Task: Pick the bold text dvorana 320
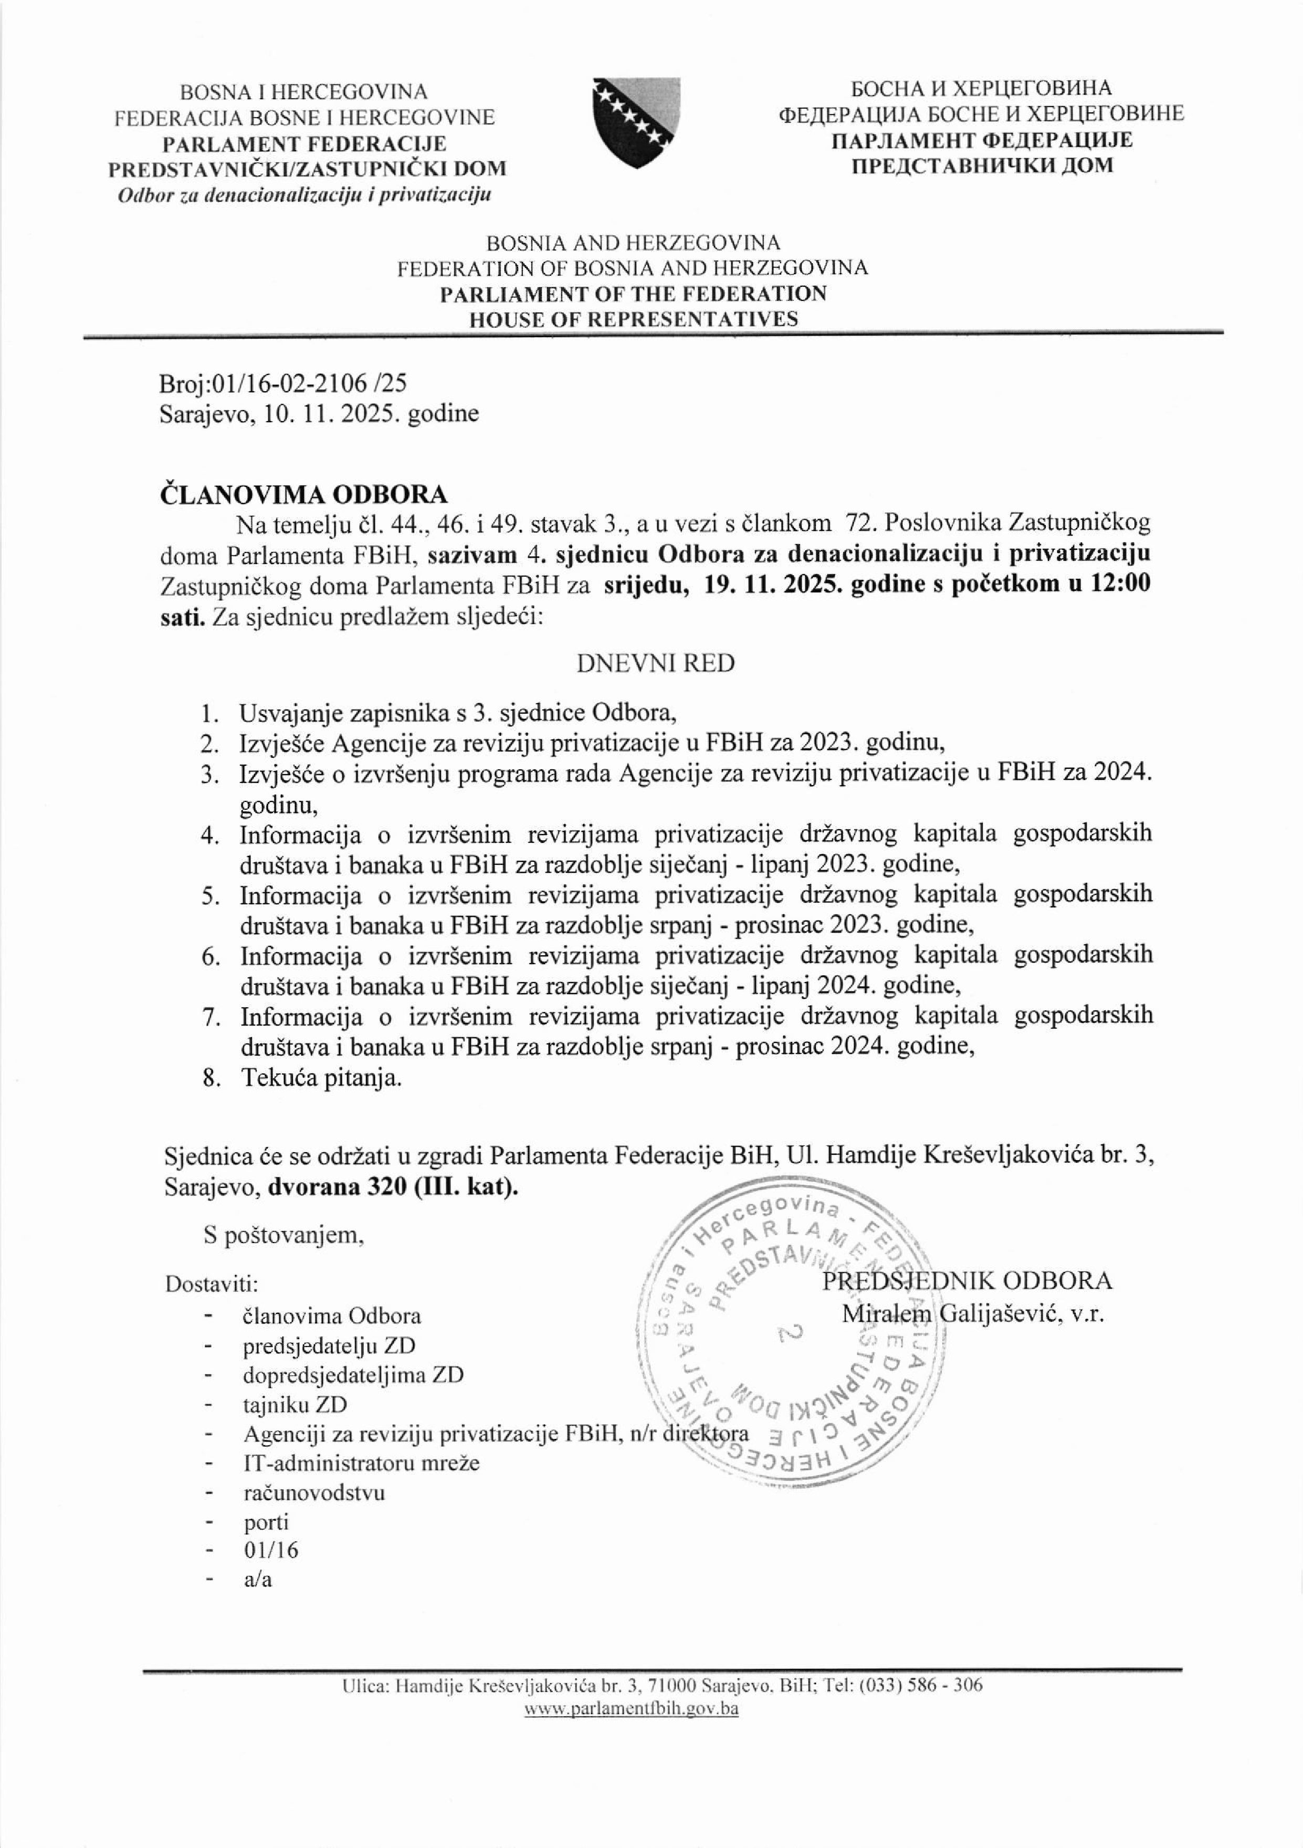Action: (x=340, y=1187)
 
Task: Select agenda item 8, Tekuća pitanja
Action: (x=320, y=1078)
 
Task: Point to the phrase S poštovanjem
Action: (x=284, y=1236)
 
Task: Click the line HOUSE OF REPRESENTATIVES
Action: (x=634, y=319)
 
